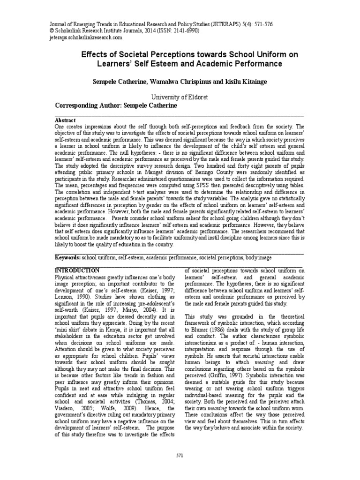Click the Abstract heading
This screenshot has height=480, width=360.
click(x=66, y=120)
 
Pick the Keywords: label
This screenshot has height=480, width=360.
click(x=68, y=257)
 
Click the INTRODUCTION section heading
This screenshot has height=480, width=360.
click(x=77, y=270)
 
